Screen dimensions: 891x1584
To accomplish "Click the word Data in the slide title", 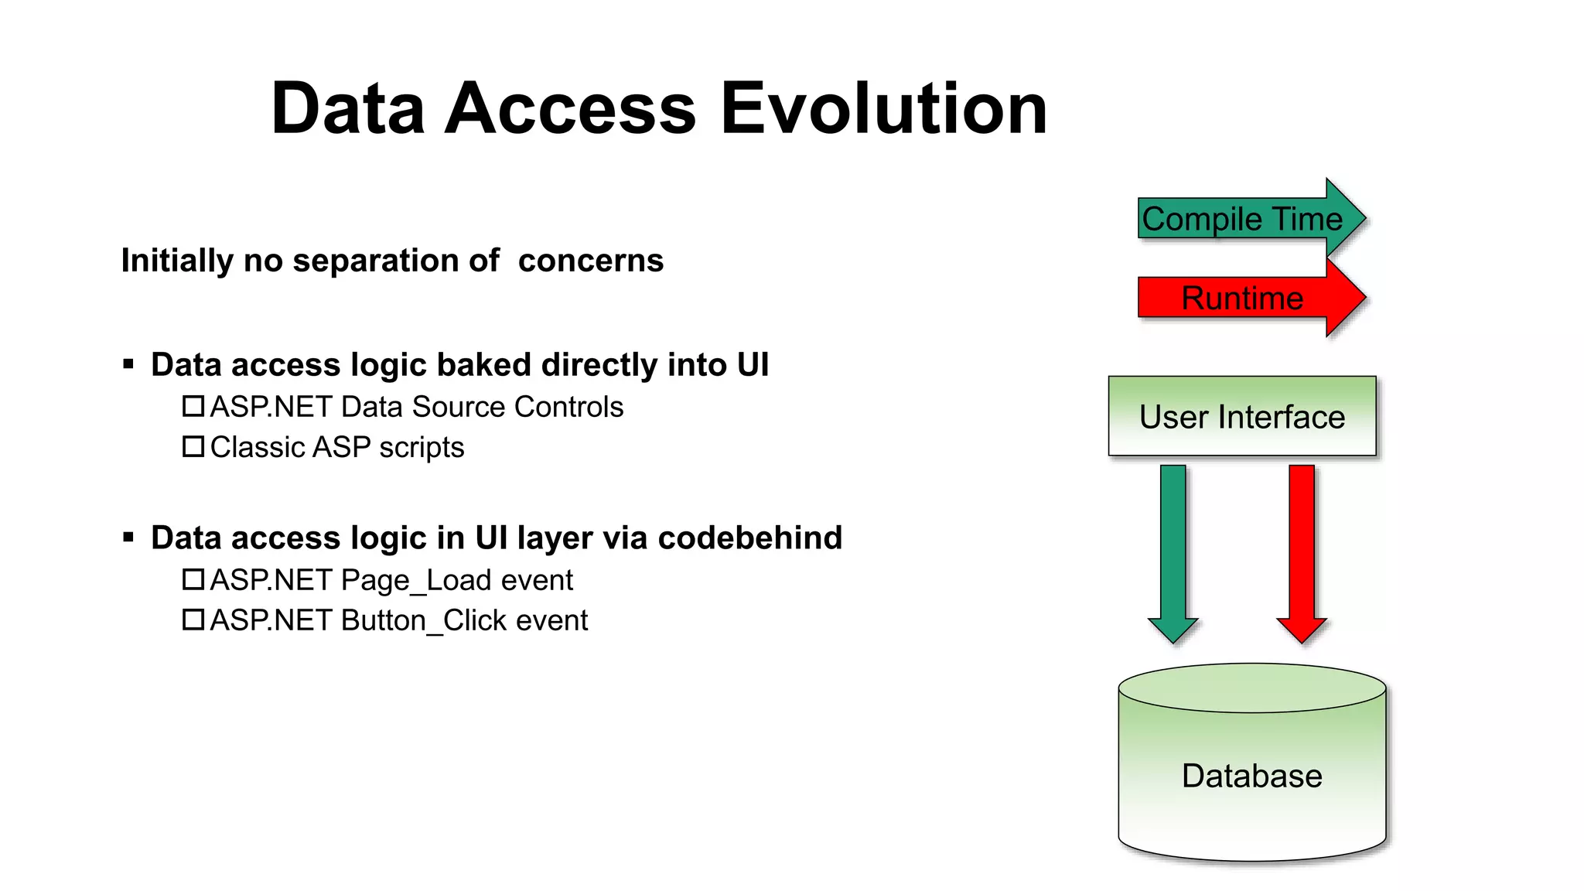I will coord(348,109).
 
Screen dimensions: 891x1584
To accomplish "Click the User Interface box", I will coord(1242,417).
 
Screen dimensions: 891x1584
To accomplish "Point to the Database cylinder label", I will coord(1251,776).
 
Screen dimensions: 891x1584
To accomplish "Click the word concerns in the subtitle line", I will coord(591,261).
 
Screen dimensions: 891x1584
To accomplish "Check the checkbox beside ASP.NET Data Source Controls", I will coord(193,406).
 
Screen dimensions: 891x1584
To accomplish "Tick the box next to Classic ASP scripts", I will coord(193,446).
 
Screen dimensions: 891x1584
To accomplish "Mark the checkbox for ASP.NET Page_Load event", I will coord(193,579).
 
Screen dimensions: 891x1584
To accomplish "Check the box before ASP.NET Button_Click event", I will coord(193,620).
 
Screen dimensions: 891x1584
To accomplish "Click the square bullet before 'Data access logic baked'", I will coord(128,364).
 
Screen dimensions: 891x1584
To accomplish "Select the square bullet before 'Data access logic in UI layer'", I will coord(128,537).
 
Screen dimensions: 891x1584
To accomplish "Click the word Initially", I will coord(177,261).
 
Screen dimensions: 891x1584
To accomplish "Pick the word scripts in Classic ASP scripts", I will coord(422,448).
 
